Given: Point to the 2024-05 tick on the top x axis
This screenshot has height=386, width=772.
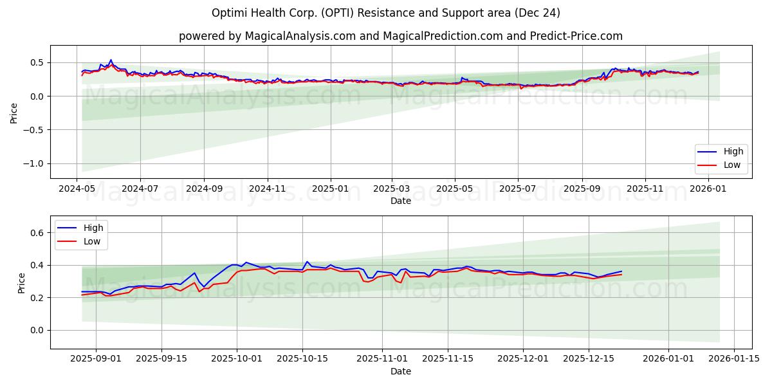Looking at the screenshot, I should coord(77,188).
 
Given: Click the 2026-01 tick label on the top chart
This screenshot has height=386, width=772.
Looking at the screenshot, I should coord(708,188).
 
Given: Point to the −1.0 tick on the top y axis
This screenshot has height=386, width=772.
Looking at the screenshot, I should coord(33,163).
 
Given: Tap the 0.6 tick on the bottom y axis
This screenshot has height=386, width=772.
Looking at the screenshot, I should coord(37,233).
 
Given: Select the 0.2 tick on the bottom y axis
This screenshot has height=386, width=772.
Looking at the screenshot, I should coord(37,298).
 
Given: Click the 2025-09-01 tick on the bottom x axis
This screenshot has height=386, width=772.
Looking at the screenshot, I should coord(96,359).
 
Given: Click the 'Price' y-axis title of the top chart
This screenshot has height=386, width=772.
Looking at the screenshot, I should coord(14,112).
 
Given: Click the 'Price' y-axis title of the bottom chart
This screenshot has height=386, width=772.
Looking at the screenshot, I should coord(22,282).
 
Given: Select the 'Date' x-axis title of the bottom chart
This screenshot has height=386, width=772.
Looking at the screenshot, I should coord(400,371).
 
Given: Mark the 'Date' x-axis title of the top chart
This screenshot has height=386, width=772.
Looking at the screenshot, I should coord(400,201).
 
